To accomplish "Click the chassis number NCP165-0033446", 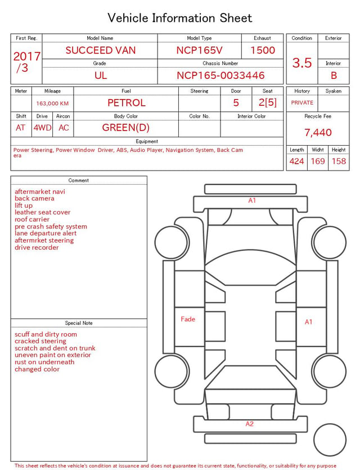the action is click(220, 75).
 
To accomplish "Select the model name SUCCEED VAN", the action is click(101, 50).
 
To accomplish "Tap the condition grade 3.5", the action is click(302, 63).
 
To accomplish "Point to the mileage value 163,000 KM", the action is click(52, 104).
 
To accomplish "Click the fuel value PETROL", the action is click(127, 103).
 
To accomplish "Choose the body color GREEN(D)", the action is click(126, 128).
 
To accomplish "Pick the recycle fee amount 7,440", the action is click(318, 132).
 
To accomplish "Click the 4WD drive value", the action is click(42, 128).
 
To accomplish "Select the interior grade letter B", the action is click(334, 75).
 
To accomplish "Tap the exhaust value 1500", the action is click(263, 50).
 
